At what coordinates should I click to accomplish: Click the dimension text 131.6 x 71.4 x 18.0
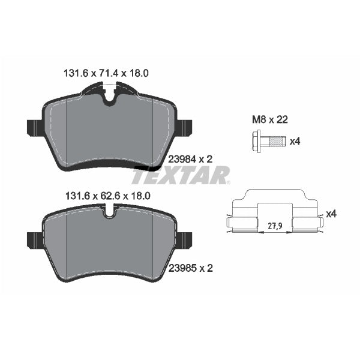pos(106,73)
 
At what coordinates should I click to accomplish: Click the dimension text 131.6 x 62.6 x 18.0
pos(106,196)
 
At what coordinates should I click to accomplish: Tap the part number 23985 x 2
pos(191,269)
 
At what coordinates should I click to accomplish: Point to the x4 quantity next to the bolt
pos(295,142)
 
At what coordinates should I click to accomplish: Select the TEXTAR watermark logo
pos(180,176)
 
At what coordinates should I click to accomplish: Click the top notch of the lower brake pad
pos(109,211)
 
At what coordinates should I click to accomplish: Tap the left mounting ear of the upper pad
pos(34,127)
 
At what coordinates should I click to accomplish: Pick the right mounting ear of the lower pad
pos(184,240)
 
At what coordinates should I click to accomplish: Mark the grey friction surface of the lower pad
pos(108,243)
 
